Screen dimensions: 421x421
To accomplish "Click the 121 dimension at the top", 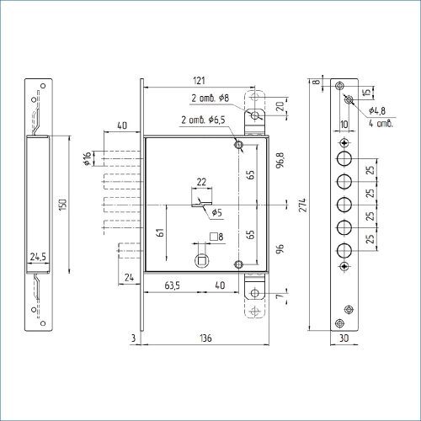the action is pyautogui.click(x=199, y=81).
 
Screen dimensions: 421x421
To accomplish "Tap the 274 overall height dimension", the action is pyautogui.click(x=303, y=205).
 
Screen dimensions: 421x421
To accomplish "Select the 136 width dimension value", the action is pyautogui.click(x=205, y=338).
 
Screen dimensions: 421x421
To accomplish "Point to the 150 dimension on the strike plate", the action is pyautogui.click(x=63, y=205).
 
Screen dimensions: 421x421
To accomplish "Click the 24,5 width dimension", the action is pyautogui.click(x=38, y=257).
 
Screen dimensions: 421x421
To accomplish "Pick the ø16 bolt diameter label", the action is pyautogui.click(x=88, y=158).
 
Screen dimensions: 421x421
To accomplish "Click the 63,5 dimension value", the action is pyautogui.click(x=172, y=285).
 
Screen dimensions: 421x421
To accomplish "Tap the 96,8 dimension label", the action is pyautogui.click(x=280, y=160).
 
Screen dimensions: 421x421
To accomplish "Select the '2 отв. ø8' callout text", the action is pyautogui.click(x=210, y=98).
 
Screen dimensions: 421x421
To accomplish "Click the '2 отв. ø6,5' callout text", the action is pyautogui.click(x=203, y=120).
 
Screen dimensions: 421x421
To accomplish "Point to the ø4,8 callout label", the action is pyautogui.click(x=377, y=110).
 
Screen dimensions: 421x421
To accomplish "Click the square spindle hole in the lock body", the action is pyautogui.click(x=202, y=261).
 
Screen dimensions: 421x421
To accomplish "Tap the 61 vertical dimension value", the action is pyautogui.click(x=160, y=232).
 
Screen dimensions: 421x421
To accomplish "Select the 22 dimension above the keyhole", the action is pyautogui.click(x=201, y=182).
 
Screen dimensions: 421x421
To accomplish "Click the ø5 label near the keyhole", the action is pyautogui.click(x=216, y=212).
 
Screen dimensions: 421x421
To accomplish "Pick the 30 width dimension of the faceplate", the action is pyautogui.click(x=344, y=338).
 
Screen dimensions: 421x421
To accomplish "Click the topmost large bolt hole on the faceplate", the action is pyautogui.click(x=344, y=159).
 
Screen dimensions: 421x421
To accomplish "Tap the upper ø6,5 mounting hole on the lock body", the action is pyautogui.click(x=238, y=145).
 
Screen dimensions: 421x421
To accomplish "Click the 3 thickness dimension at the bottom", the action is pyautogui.click(x=133, y=338).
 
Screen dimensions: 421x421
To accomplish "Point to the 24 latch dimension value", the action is pyautogui.click(x=129, y=278).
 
